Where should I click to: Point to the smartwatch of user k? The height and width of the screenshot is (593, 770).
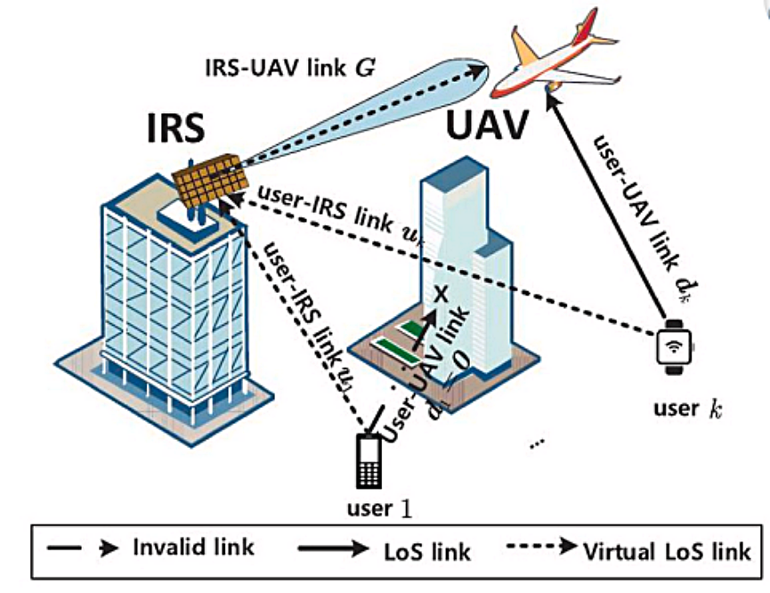tap(674, 346)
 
